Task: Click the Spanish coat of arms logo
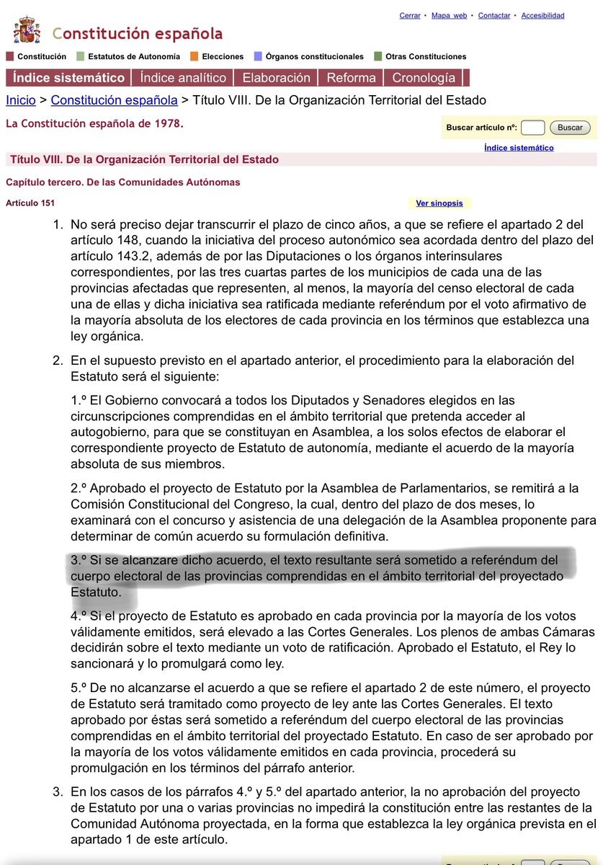27,30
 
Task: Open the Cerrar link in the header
410,16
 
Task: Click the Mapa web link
449,16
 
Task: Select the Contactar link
494,16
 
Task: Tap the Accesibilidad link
542,16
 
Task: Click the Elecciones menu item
223,56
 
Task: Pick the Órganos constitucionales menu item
314,56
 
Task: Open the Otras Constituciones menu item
426,56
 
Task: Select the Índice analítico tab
183,78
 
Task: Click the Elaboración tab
276,78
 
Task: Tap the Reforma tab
351,78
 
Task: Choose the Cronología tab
424,78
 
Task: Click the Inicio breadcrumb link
21,100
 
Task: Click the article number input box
532,128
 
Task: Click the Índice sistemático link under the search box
519,148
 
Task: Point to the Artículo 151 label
30,203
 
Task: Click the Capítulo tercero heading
122,182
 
